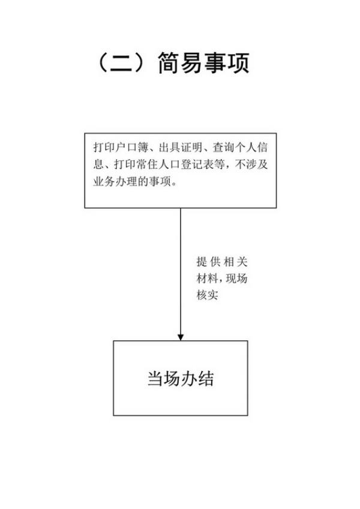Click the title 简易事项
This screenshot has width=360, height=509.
(203, 63)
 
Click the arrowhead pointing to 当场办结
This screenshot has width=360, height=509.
(181, 337)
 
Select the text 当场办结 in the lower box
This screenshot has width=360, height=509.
(181, 378)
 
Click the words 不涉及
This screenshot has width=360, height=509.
(251, 164)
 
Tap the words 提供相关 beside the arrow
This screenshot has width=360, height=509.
(222, 262)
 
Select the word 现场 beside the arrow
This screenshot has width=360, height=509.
(236, 279)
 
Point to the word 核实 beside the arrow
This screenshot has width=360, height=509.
(207, 295)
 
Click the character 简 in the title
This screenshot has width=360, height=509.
(169, 63)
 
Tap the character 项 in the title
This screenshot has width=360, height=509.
(238, 63)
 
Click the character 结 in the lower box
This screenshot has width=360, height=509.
(206, 379)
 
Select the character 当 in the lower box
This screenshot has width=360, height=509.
(155, 379)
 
